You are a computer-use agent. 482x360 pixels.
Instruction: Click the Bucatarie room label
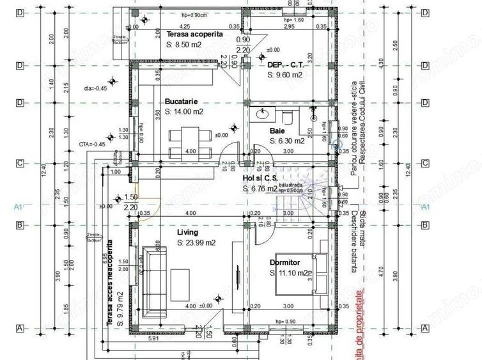[180, 101]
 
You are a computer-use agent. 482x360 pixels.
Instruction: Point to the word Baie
[277, 130]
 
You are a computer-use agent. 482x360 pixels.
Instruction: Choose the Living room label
[188, 232]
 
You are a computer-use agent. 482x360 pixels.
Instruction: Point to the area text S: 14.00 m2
[184, 111]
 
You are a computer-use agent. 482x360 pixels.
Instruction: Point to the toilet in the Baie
[287, 116]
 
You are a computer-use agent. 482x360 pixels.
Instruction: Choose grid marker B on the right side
[424, 225]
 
